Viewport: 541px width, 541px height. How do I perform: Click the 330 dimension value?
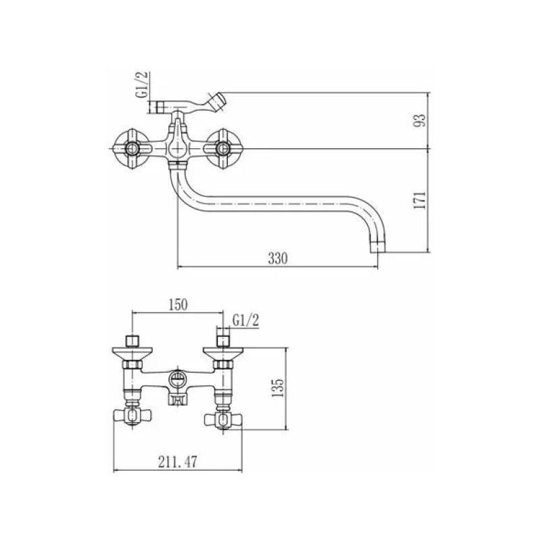click(x=278, y=258)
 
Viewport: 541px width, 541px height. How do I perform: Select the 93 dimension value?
click(x=420, y=120)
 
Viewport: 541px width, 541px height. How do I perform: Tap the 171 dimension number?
click(x=420, y=200)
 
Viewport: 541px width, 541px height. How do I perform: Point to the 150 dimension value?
click(x=178, y=305)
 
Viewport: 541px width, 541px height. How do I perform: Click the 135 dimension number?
click(x=277, y=387)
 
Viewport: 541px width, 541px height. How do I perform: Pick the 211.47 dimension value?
click(x=178, y=462)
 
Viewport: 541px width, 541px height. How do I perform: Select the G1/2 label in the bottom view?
click(x=245, y=321)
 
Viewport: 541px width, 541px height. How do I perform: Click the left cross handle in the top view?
click(x=132, y=149)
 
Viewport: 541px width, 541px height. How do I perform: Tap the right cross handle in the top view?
click(x=223, y=149)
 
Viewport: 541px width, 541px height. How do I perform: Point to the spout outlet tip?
click(x=377, y=248)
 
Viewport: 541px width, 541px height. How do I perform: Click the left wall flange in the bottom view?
click(x=132, y=353)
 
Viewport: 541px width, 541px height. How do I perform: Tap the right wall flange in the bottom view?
click(x=223, y=353)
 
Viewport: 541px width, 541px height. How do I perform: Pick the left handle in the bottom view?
click(x=132, y=416)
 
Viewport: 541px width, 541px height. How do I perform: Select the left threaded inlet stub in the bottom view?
click(x=132, y=341)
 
